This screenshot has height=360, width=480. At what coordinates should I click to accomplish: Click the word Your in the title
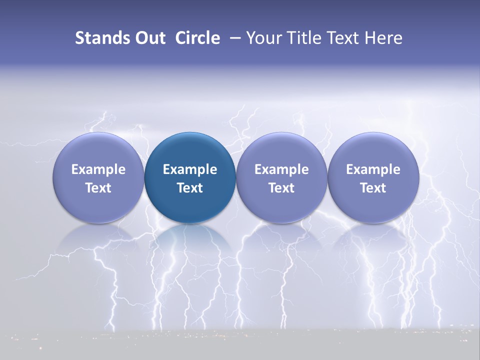(x=262, y=38)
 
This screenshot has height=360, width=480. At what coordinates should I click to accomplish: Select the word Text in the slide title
(x=342, y=38)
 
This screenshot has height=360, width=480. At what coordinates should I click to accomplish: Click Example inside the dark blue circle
(x=190, y=169)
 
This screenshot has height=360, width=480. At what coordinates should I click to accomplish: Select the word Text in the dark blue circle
(x=190, y=188)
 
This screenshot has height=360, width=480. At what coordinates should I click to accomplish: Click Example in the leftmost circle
(x=98, y=169)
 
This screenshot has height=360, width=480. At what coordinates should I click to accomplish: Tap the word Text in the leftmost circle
(x=98, y=188)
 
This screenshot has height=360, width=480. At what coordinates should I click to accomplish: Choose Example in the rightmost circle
(x=373, y=169)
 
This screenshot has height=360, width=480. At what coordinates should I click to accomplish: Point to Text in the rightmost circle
(x=373, y=188)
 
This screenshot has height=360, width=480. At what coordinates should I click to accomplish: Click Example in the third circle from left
(x=281, y=169)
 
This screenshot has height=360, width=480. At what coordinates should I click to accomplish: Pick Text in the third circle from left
(x=281, y=188)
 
